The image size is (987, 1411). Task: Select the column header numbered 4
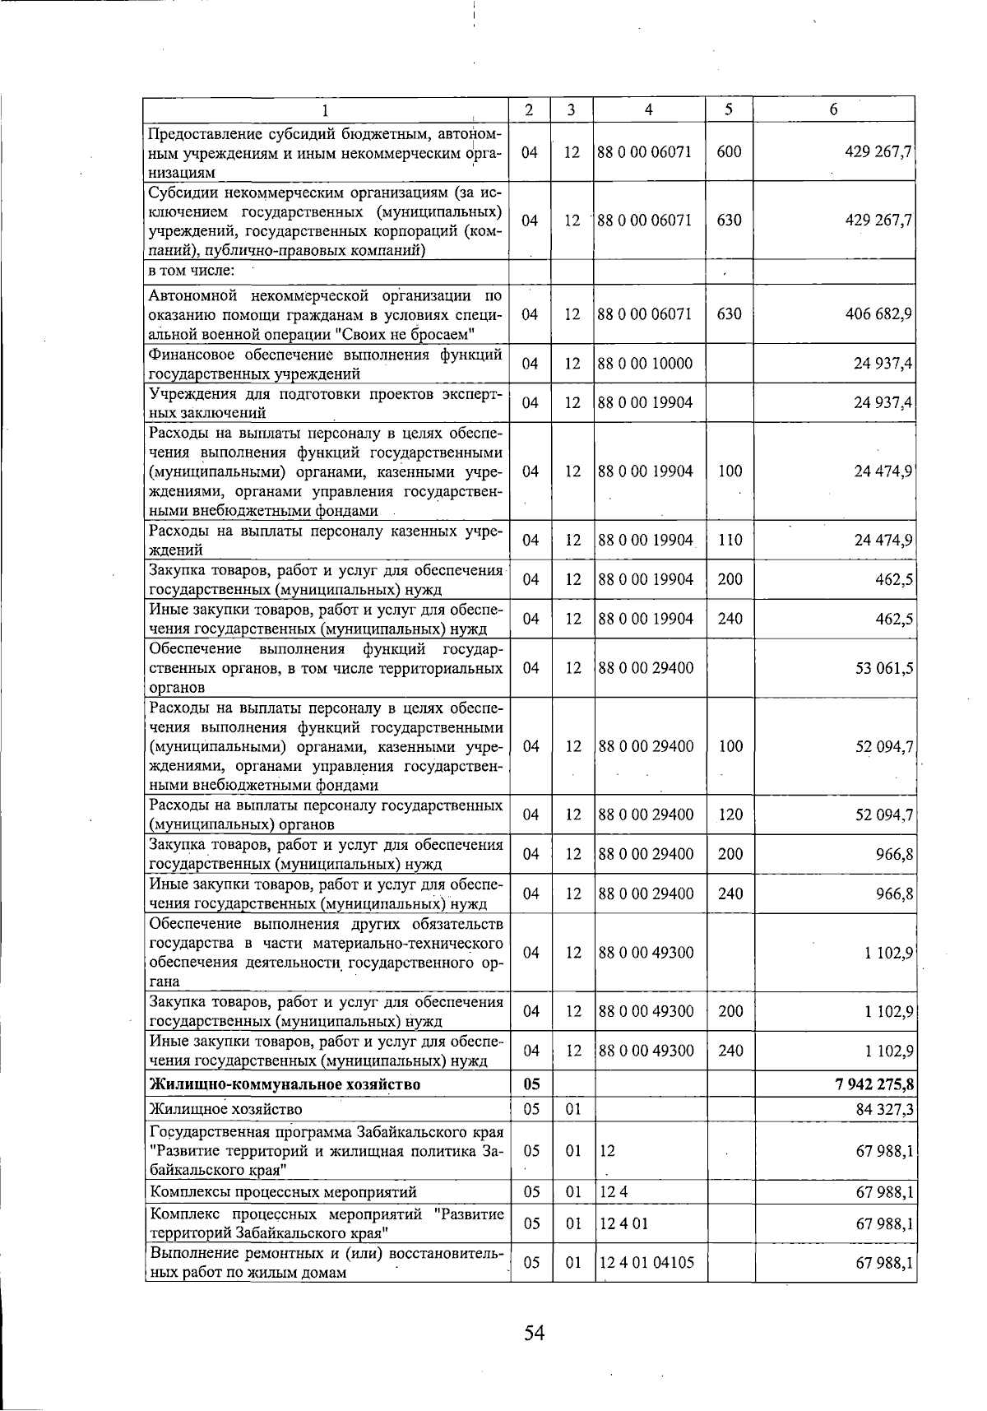coord(649,109)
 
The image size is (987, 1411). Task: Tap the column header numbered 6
coord(833,109)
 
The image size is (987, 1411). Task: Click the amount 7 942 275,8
coord(873,1084)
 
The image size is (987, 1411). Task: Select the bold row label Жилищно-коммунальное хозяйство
coord(285,1084)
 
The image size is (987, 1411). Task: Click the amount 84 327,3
coord(884,1110)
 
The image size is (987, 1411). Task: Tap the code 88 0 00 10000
coord(646,364)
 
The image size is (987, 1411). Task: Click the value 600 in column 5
coord(729,152)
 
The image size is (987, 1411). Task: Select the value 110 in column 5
coord(730,541)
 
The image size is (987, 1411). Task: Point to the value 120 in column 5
coord(730,815)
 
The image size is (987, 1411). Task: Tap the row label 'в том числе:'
coord(192,271)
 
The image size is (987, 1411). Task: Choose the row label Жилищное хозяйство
coord(225,1110)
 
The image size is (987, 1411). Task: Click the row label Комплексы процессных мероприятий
coord(283,1192)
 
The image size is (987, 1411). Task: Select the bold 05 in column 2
coord(531,1084)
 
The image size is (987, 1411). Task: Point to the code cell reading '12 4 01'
coord(623,1223)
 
